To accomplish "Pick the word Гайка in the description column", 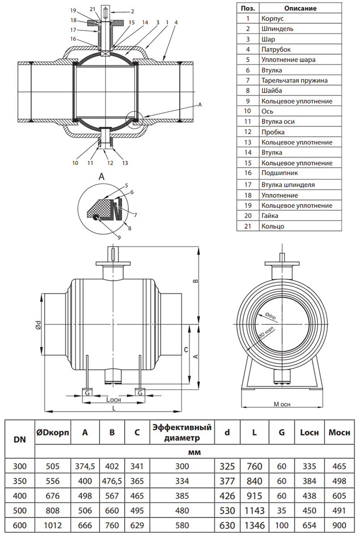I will (x=271, y=216).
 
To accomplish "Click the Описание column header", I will (x=300, y=8).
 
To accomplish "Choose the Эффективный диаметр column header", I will (x=182, y=432).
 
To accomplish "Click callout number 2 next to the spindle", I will (x=120, y=11).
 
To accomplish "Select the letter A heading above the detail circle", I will (x=102, y=177).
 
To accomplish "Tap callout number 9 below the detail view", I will (x=119, y=237).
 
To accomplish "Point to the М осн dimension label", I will (x=282, y=404).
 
